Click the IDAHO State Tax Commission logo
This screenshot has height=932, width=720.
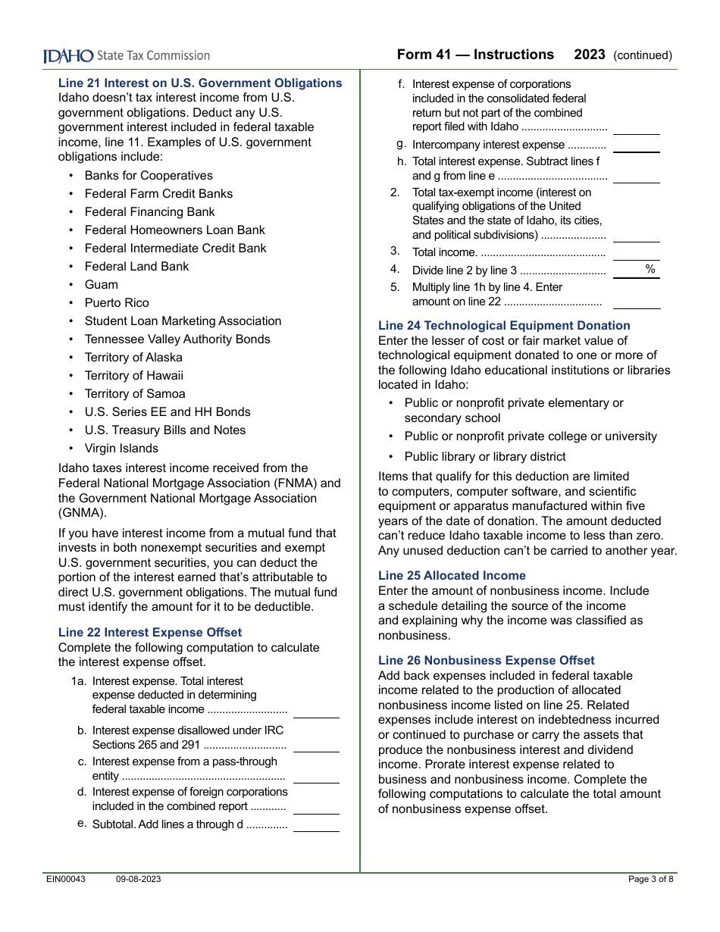[126, 56]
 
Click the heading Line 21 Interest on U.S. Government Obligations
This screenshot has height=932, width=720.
[200, 83]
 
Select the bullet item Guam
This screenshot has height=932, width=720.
[102, 285]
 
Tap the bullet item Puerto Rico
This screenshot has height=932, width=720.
[117, 303]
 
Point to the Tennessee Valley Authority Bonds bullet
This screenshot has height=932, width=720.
[177, 339]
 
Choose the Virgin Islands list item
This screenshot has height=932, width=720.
[121, 449]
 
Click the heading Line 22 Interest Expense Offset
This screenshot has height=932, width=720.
[150, 633]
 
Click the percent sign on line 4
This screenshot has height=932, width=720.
[650, 270]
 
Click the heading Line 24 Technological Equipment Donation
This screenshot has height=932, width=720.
[504, 326]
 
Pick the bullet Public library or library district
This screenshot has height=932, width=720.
[485, 457]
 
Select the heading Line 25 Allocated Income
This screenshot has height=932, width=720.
[452, 576]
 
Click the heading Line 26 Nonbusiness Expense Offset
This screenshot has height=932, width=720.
[487, 661]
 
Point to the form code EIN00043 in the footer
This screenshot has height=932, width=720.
[66, 880]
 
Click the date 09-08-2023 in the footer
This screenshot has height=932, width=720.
[138, 880]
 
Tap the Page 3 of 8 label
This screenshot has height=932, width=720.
[650, 880]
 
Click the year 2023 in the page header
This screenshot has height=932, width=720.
[590, 55]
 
